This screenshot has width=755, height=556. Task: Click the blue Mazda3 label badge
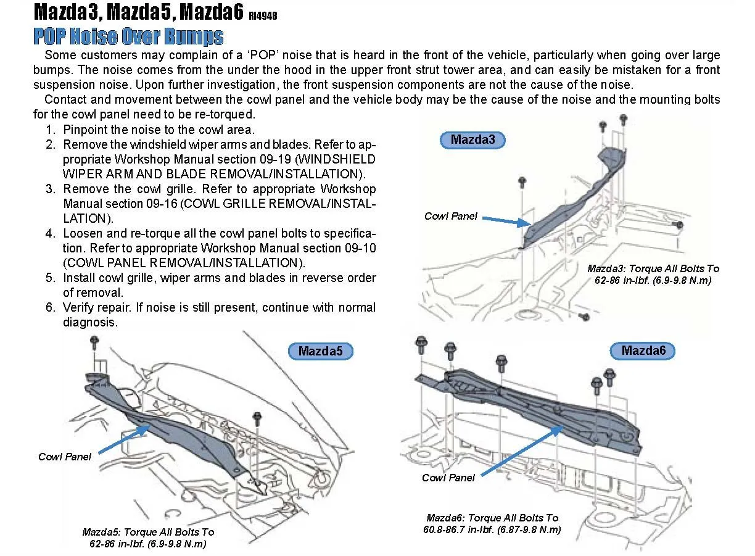(x=472, y=139)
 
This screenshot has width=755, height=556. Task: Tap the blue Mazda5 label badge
(x=320, y=352)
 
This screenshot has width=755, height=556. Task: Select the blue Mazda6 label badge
(x=643, y=351)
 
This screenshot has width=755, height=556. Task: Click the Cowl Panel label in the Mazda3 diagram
(x=450, y=216)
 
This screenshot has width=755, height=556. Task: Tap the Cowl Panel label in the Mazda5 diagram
(x=64, y=457)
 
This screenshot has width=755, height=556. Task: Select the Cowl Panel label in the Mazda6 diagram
(x=448, y=478)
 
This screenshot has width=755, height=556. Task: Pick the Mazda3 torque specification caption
(x=653, y=274)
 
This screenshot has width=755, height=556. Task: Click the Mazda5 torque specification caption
(x=148, y=537)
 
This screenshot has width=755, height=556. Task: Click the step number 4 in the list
(x=50, y=234)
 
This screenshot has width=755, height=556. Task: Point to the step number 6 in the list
(x=50, y=307)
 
